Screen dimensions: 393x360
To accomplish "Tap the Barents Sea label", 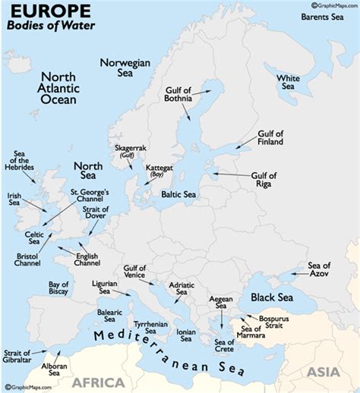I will tap(326, 16).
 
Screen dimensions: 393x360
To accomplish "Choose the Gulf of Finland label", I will tap(270, 137).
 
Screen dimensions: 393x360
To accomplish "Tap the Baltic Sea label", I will tap(179, 194).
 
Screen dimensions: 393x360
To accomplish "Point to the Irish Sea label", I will tap(14, 199).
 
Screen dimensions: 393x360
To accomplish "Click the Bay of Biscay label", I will tap(54, 289).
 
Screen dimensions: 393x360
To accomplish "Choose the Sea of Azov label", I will tap(319, 269).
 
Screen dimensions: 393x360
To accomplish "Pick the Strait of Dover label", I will tap(94, 214).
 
